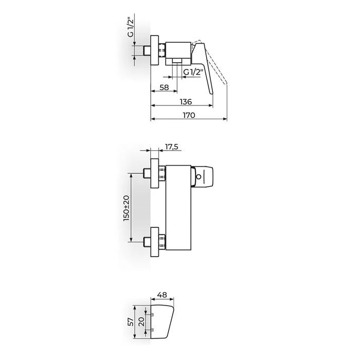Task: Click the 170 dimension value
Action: [189, 115]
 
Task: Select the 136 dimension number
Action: [186, 101]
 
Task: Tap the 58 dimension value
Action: [164, 87]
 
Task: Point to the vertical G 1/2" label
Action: [131, 28]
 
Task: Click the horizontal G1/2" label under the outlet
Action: [193, 73]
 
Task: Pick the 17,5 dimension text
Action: [171, 147]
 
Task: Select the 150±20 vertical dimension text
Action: [127, 208]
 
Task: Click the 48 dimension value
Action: [163, 295]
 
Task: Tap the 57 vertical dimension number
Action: [131, 321]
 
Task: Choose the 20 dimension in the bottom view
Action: [141, 321]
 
